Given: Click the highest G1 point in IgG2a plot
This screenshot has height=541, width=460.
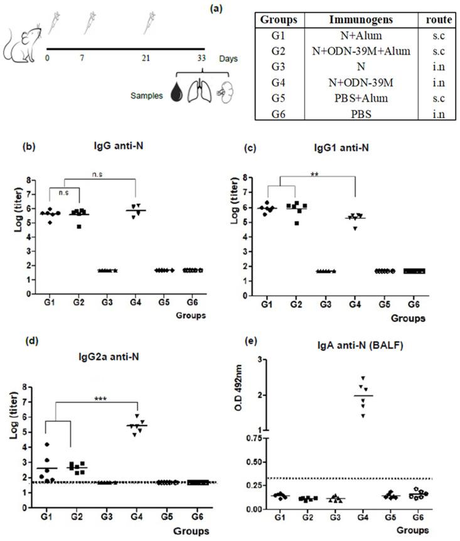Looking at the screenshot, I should (x=48, y=444).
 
